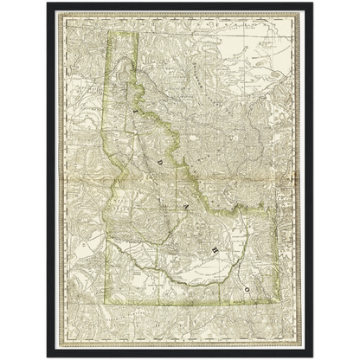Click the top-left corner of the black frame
(45, 3)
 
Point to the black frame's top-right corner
(314, 3)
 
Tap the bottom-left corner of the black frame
(45, 357)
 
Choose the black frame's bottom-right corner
(314, 357)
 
